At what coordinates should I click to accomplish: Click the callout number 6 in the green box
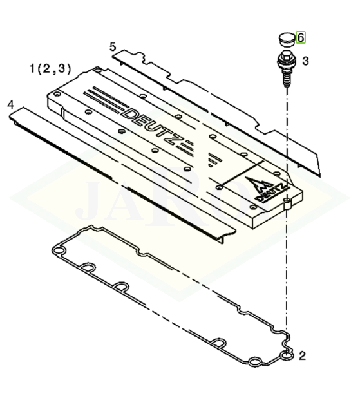(301, 37)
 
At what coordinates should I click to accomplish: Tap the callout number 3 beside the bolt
(305, 61)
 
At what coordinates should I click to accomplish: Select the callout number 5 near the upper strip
(113, 47)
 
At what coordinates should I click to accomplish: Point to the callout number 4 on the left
(10, 104)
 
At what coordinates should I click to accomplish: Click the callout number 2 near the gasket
(302, 356)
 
